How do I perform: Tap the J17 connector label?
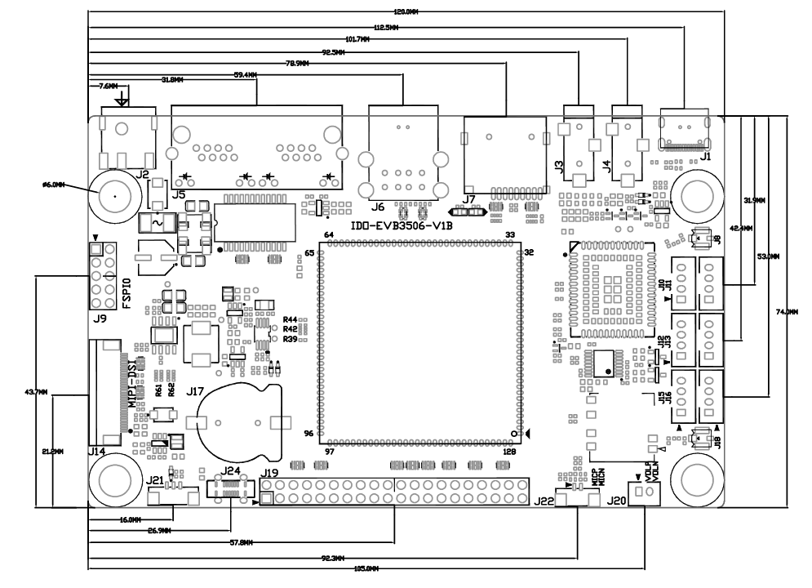click(195, 392)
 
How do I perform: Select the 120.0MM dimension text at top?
click(406, 12)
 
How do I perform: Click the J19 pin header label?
click(268, 473)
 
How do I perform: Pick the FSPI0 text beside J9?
click(126, 290)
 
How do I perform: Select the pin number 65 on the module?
click(310, 253)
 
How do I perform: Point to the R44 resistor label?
click(290, 319)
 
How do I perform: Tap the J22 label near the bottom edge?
click(544, 501)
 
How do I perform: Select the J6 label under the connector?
click(377, 207)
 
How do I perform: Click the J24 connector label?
click(232, 471)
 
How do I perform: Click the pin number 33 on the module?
click(511, 235)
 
